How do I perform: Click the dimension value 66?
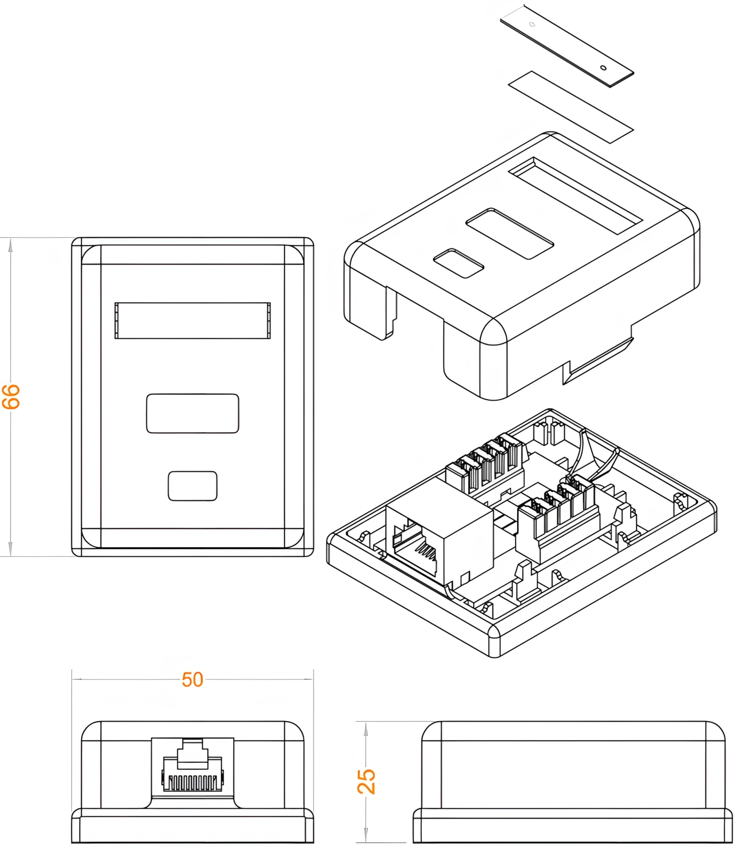[11, 396]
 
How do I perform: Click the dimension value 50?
[192, 680]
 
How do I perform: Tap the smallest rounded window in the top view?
[193, 486]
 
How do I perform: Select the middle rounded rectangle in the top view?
[192, 413]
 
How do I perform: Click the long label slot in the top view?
[192, 321]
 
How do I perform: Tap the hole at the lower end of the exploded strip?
[603, 68]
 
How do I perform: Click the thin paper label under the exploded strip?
[571, 107]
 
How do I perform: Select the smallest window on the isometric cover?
[458, 263]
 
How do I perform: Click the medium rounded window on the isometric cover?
[510, 233]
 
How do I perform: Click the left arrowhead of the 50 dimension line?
[77, 680]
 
